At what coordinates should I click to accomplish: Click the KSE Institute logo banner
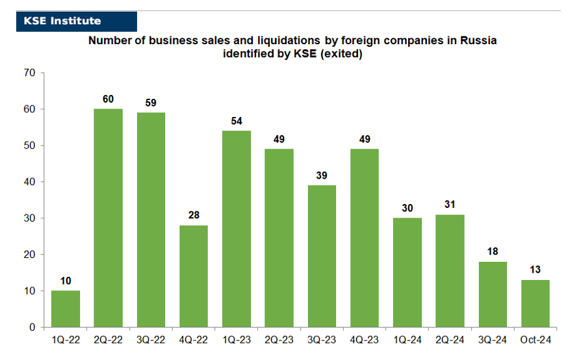pyautogui.click(x=77, y=21)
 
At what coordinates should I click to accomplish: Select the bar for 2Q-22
pyautogui.click(x=108, y=218)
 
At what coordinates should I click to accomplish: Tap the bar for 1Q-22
pyautogui.click(x=66, y=309)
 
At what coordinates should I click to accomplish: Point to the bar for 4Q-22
pyautogui.click(x=194, y=276)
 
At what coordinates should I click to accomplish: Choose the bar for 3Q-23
pyautogui.click(x=322, y=257)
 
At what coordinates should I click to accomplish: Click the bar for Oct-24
pyautogui.click(x=535, y=303)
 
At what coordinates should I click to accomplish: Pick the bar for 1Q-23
pyautogui.click(x=236, y=229)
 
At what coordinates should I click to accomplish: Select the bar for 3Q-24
pyautogui.click(x=493, y=294)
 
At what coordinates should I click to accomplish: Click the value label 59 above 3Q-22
pyautogui.click(x=151, y=103)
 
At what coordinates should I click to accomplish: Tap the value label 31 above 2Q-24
pyautogui.click(x=450, y=205)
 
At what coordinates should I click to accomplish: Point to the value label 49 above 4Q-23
pyautogui.click(x=365, y=140)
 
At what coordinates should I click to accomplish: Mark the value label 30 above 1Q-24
pyautogui.click(x=407, y=208)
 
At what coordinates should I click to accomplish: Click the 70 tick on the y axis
pyautogui.click(x=29, y=73)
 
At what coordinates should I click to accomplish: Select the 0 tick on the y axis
pyautogui.click(x=32, y=328)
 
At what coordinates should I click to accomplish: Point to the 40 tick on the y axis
pyautogui.click(x=29, y=182)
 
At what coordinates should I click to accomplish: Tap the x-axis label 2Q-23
pyautogui.click(x=279, y=340)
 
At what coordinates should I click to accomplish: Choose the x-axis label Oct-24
pyautogui.click(x=536, y=340)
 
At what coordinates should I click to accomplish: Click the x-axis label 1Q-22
pyautogui.click(x=66, y=340)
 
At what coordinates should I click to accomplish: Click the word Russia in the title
pyautogui.click(x=478, y=40)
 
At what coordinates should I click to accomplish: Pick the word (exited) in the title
pyautogui.click(x=341, y=54)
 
